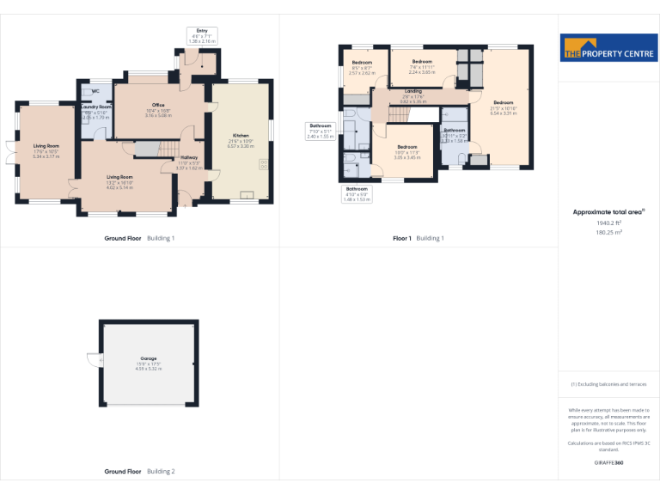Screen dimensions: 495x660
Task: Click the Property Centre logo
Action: click(608, 48)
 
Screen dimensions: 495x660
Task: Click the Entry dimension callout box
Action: click(202, 35)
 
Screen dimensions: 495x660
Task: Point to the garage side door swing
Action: click(92, 359)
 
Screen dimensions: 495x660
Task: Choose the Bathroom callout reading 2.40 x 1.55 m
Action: click(320, 131)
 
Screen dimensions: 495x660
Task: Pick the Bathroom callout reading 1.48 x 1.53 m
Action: click(356, 193)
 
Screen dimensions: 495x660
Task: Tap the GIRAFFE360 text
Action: click(608, 463)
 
